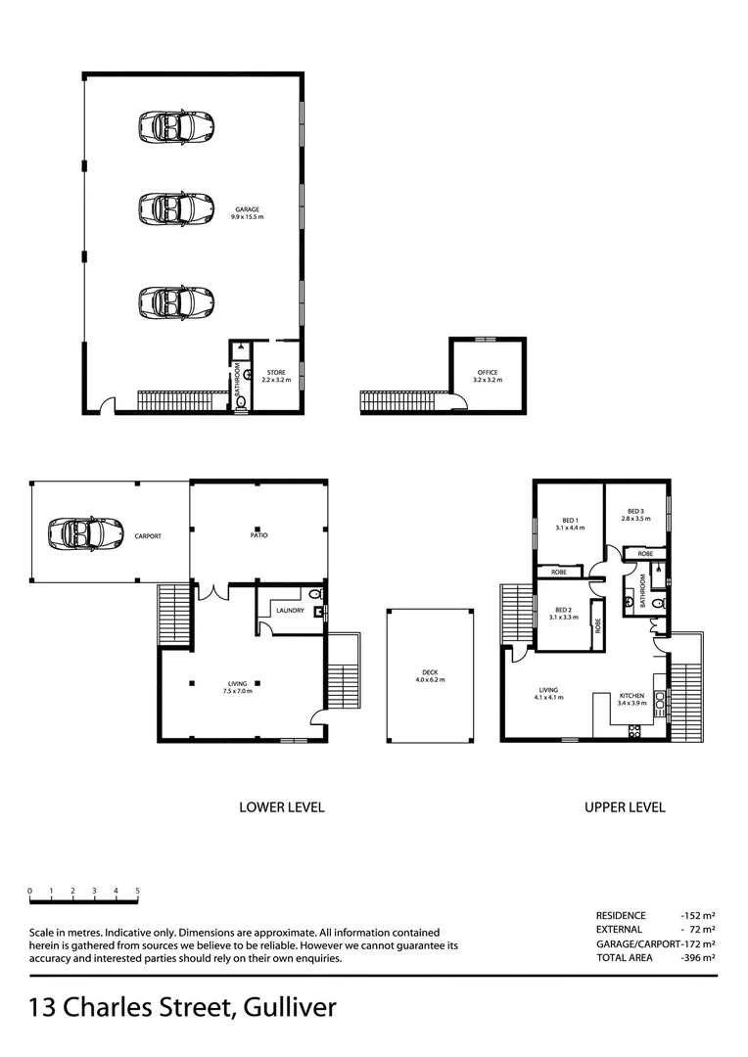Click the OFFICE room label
pos(488,373)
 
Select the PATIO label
pos(258,535)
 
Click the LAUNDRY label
pos(290,611)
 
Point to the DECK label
pos(430,672)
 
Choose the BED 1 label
pos(570,520)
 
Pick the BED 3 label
pos(635,511)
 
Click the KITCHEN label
pos(631,696)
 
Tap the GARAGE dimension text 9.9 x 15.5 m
pos(248,216)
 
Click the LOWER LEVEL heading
pos(281,807)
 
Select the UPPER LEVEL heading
pos(625,807)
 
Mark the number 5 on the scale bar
pos(138,891)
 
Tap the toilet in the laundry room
pos(313,594)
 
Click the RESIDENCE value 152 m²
pos(699,915)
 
